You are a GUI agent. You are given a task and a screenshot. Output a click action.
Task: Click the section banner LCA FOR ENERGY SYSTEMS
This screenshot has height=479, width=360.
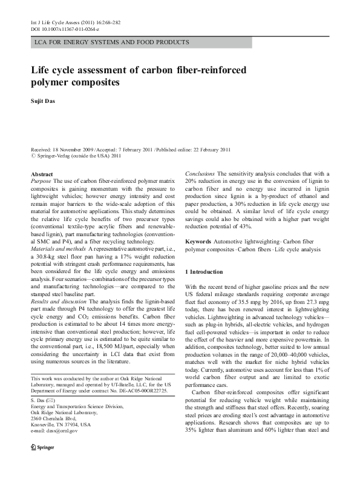[111, 42]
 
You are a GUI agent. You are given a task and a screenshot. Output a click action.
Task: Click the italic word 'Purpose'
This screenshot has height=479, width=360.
[41, 181]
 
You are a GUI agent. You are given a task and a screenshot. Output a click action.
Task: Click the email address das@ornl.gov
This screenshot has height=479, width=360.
[54, 414]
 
